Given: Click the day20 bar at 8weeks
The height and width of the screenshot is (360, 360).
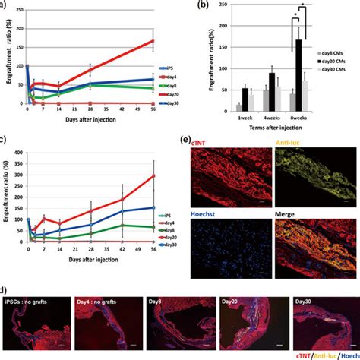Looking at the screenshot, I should click(298, 75).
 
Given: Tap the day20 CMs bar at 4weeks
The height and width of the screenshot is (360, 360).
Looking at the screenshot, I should click(272, 92).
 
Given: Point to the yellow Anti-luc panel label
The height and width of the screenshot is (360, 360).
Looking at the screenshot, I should click(286, 141).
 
